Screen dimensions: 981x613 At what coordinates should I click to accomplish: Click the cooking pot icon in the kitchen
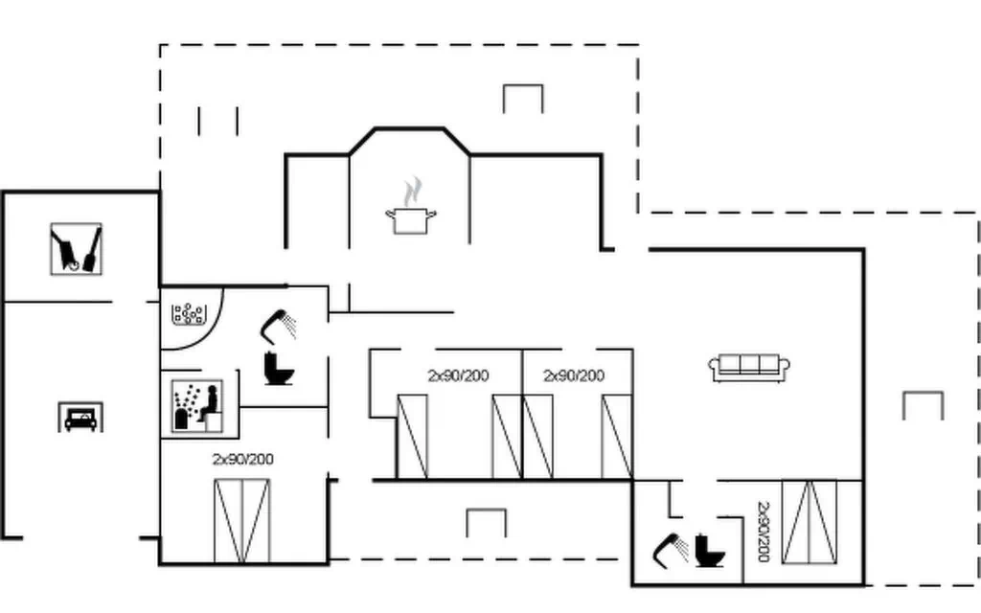point(410,221)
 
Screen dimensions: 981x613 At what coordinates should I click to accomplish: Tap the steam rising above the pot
point(412,192)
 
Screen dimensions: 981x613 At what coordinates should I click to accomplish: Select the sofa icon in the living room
point(749,367)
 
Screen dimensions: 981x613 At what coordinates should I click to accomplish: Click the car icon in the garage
point(80,418)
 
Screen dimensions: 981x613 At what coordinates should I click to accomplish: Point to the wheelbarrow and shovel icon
point(77,249)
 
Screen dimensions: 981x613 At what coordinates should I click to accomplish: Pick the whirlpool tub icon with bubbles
point(189,314)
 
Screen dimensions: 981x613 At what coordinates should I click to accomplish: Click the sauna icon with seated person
point(197,405)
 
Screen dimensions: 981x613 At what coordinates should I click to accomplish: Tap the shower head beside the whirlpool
point(278,326)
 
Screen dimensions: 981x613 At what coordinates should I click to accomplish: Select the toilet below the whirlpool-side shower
point(279,369)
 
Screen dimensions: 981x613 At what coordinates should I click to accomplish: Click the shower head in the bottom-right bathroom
point(670,551)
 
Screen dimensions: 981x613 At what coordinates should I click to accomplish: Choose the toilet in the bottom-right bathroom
point(710,551)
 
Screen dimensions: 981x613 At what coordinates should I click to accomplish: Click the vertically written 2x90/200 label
point(764,532)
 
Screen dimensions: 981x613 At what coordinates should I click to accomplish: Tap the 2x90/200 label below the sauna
point(243,459)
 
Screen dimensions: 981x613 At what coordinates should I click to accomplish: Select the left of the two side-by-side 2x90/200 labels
point(459,375)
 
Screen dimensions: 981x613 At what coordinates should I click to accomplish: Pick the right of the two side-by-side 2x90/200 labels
point(574,375)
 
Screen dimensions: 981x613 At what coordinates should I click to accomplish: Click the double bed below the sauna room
point(242,521)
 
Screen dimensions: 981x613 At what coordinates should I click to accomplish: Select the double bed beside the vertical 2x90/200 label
point(810,522)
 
